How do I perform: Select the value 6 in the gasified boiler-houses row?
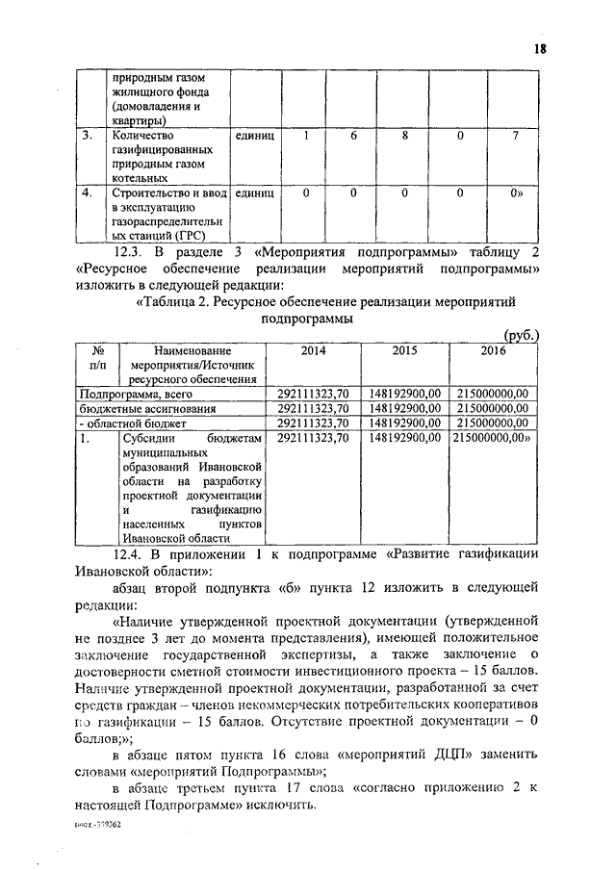point(353,137)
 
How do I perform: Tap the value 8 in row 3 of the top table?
point(406,137)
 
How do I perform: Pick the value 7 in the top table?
point(516,137)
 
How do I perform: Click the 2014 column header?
point(313,352)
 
